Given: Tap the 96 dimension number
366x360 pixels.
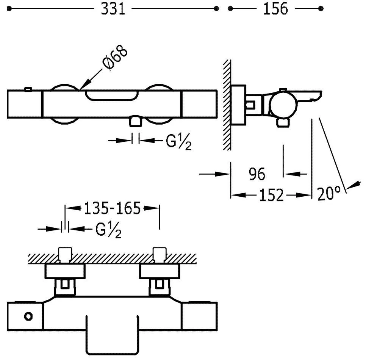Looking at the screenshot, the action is [x=257, y=174].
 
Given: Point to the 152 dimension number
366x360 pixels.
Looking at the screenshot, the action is [x=271, y=195].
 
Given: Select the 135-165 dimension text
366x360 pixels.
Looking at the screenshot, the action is [x=112, y=208].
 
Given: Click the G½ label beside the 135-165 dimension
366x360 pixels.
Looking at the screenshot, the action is [x=108, y=230].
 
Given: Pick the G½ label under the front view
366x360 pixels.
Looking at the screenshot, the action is [x=178, y=141].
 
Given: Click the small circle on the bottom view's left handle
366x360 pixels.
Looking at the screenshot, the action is [x=28, y=316].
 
